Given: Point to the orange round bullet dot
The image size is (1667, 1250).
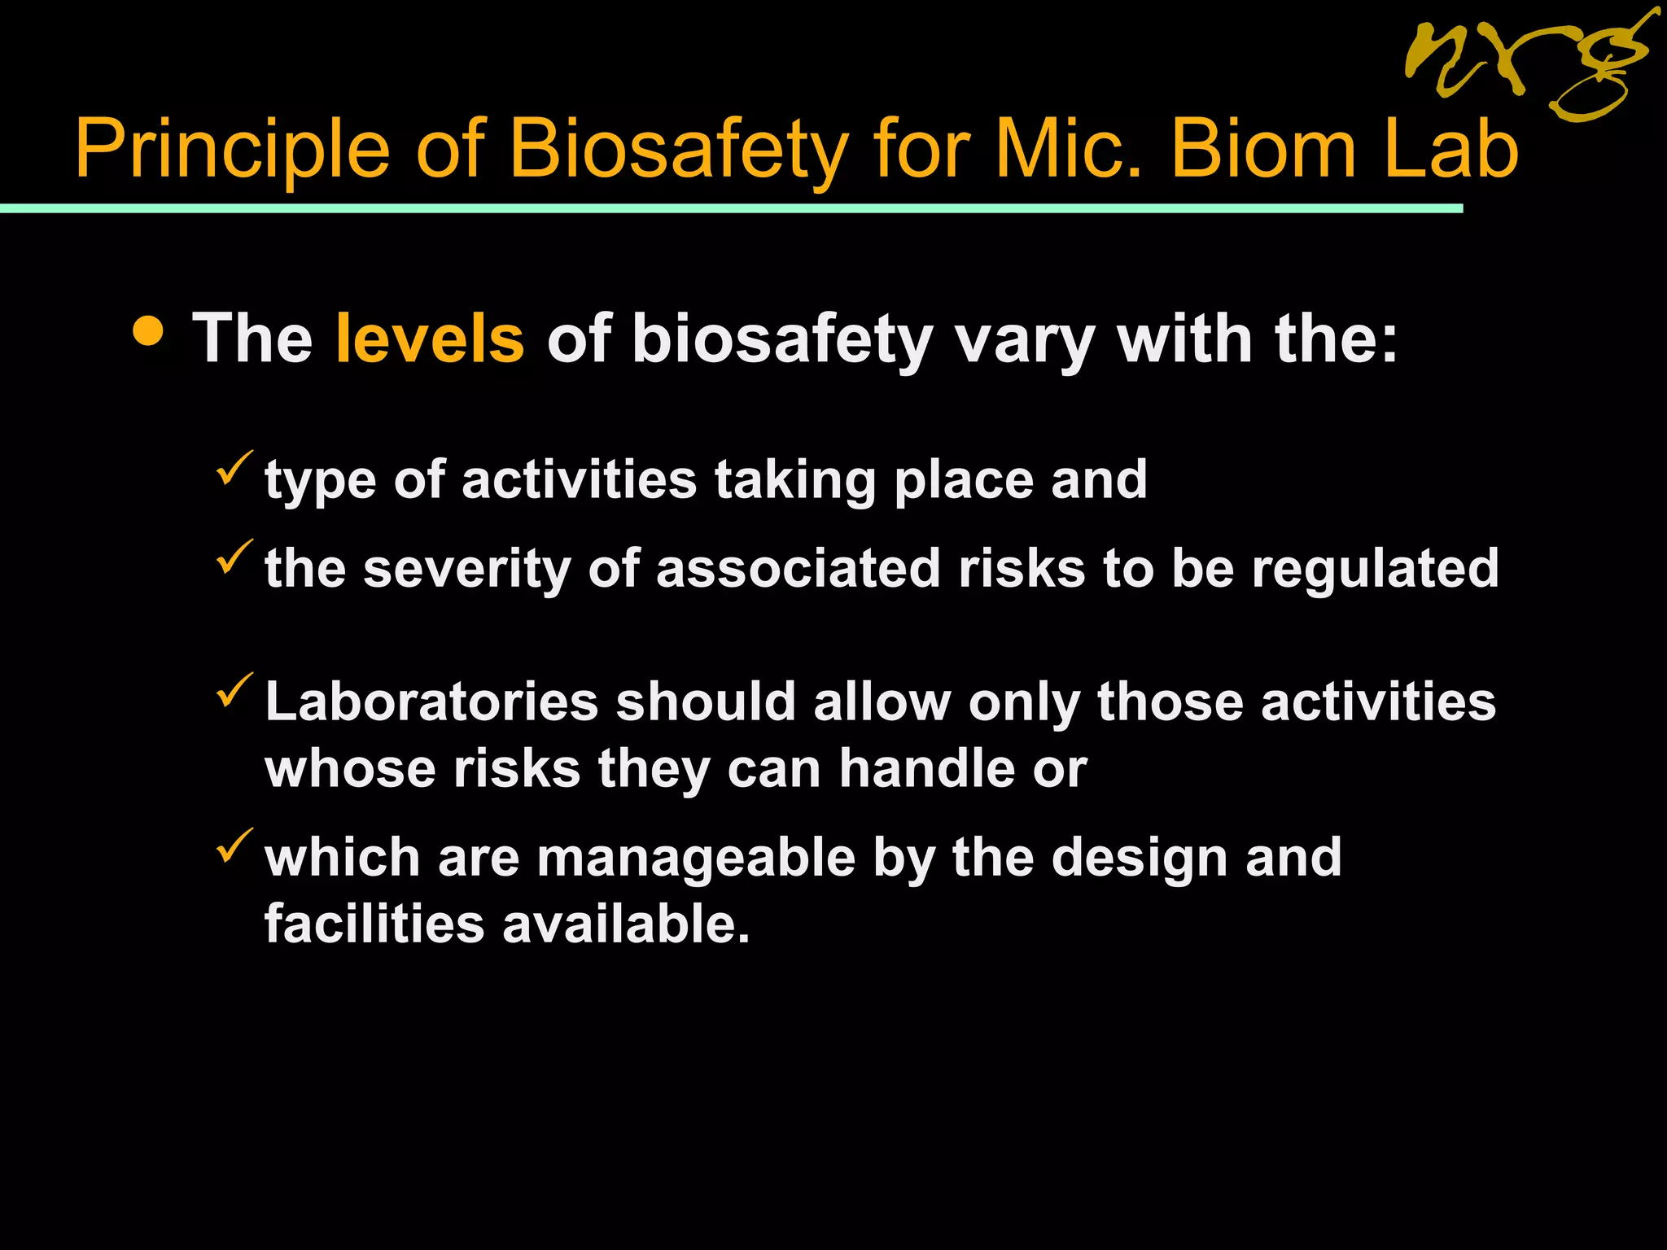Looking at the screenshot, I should (x=148, y=331).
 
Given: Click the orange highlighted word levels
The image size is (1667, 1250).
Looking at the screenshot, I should (x=430, y=339).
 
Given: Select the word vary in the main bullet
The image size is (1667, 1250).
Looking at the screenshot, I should (x=1024, y=340).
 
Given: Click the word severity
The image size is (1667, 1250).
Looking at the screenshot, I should (x=466, y=568).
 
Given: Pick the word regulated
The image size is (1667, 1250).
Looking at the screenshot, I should (x=1375, y=568).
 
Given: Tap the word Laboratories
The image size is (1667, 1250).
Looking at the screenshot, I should (x=431, y=701).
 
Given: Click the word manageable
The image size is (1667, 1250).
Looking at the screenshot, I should (x=696, y=859).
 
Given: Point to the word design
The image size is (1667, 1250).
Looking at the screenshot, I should (x=1139, y=858).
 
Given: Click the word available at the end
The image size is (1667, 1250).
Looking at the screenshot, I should (x=625, y=924).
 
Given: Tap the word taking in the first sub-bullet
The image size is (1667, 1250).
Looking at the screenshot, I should (x=795, y=480).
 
